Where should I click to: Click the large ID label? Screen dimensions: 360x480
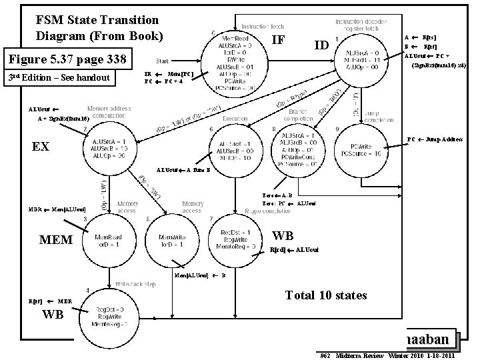(x=321, y=45)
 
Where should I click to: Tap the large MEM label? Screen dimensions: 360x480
(x=55, y=239)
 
